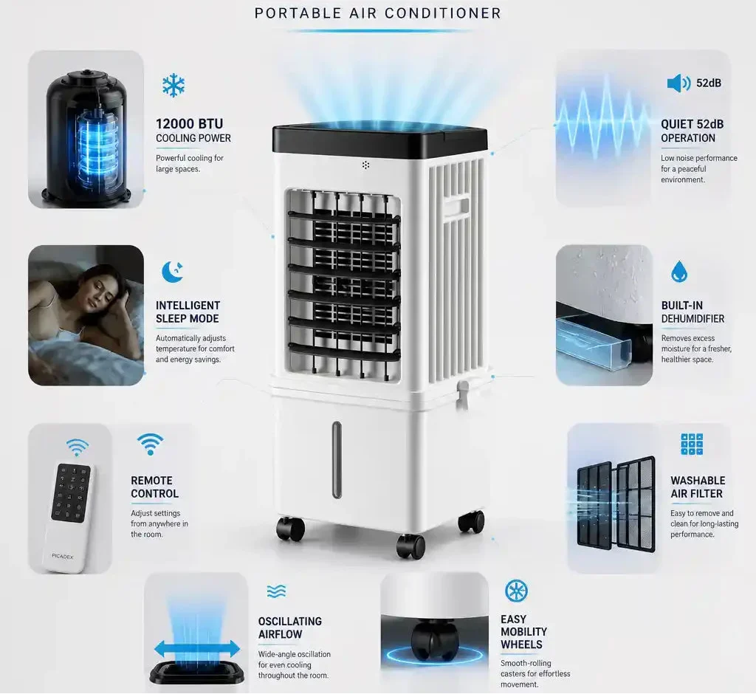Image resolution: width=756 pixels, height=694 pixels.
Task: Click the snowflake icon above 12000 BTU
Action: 173,86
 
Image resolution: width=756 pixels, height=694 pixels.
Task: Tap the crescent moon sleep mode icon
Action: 172,272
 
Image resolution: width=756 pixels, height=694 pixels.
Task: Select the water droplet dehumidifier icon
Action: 679,272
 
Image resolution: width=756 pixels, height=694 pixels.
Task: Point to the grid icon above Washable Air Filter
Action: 692,444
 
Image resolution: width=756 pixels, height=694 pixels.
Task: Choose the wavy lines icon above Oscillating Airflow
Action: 276,591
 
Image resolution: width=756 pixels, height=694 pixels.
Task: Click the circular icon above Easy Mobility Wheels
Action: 516,591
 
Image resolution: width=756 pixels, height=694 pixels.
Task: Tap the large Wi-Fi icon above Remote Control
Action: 150,444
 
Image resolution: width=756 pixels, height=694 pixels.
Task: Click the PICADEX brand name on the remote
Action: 62,557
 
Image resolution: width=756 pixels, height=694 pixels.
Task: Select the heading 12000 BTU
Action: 190,124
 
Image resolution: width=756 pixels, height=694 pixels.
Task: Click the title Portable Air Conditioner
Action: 378,13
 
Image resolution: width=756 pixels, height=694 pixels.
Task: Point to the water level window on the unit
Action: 337,460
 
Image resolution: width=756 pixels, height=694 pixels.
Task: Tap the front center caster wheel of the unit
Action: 410,546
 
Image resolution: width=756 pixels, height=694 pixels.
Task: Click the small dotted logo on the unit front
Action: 366,165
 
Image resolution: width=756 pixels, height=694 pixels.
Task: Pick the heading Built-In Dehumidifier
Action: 693,312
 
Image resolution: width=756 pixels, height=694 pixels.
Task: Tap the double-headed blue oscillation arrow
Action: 197,649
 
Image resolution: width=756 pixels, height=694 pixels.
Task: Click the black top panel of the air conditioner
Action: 379,139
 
